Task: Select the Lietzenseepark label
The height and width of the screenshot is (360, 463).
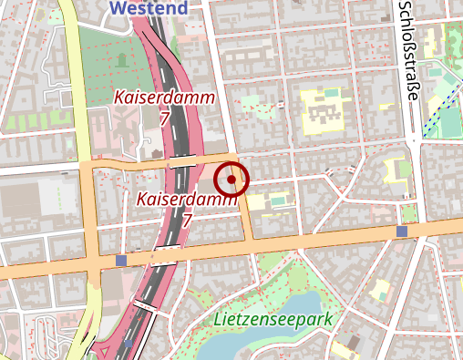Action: point(274,320)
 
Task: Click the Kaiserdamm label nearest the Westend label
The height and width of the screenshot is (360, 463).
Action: point(164,98)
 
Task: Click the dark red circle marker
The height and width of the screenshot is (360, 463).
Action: point(232,179)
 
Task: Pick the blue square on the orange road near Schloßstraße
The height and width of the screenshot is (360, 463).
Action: point(402,231)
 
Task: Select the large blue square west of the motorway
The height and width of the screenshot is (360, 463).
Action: point(121,261)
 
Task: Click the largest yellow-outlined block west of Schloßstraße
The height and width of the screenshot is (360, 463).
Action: point(322,115)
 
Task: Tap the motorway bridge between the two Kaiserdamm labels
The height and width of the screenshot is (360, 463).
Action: point(181,162)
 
